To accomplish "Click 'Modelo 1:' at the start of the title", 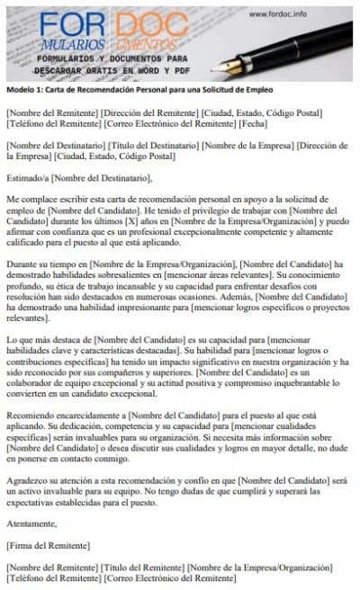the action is tap(24, 92).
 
